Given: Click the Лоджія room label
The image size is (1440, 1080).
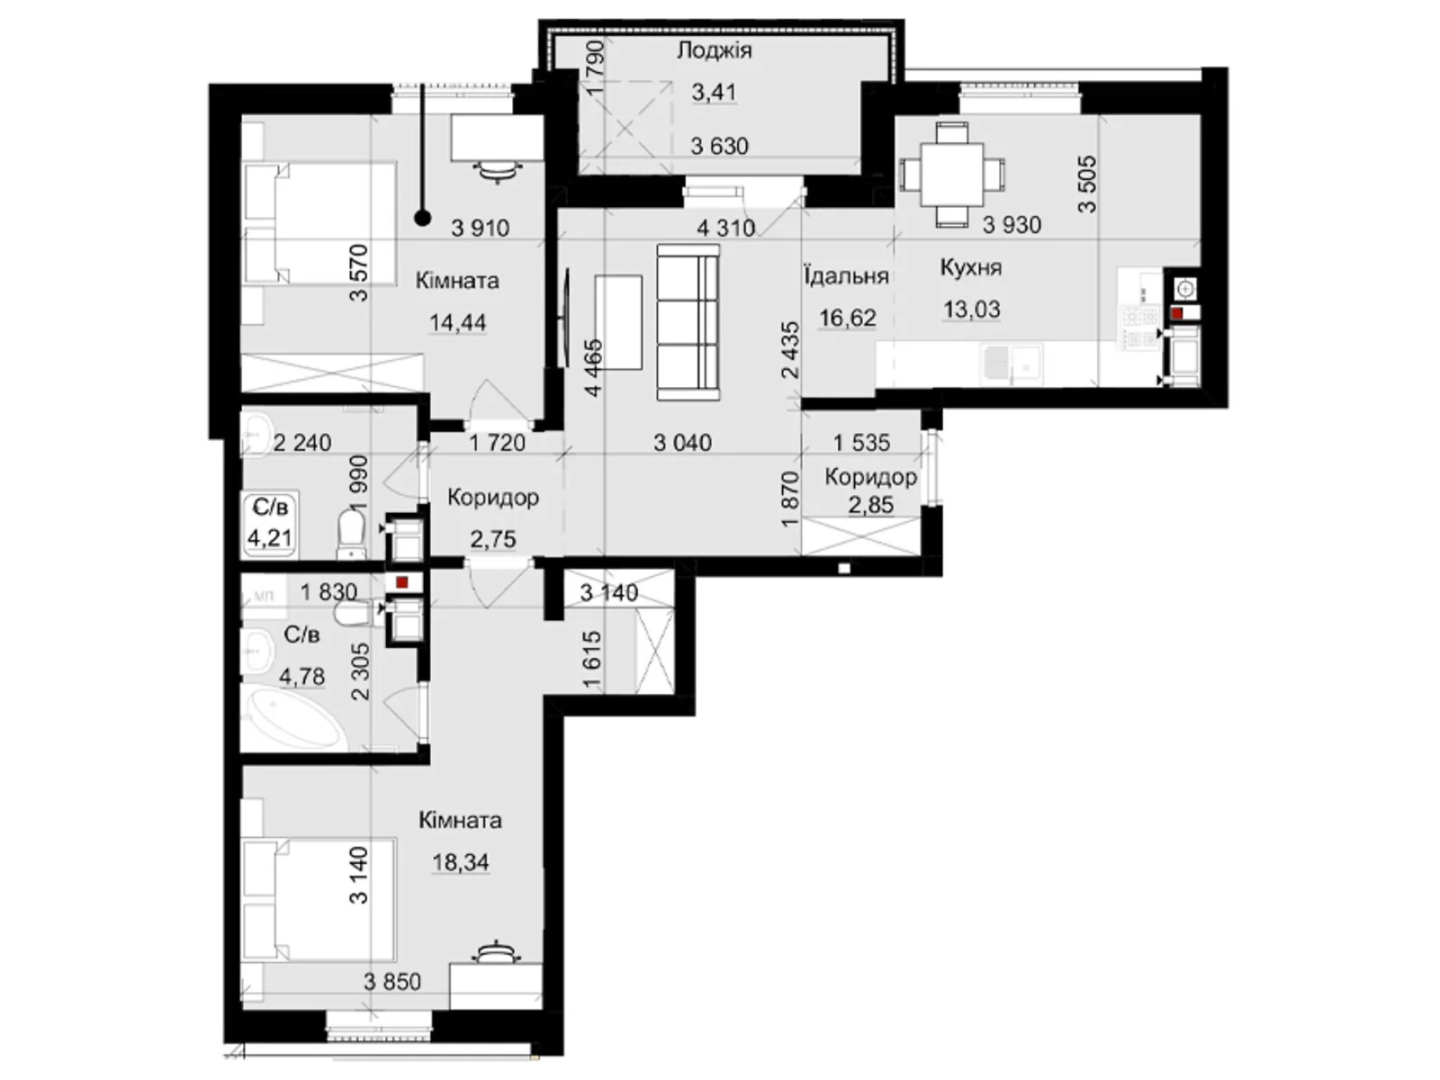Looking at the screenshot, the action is point(714,50).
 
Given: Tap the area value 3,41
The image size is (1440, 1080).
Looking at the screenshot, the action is point(714,93).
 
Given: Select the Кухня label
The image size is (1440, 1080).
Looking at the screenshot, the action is point(970,267).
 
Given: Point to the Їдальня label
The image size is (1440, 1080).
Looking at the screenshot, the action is point(846,276).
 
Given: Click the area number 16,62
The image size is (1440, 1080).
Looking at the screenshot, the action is point(847,318).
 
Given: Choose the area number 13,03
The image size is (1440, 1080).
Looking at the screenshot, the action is point(971,309).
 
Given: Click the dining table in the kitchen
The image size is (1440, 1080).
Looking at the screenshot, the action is point(952,175).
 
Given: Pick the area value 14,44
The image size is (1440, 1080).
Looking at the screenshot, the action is point(457,322).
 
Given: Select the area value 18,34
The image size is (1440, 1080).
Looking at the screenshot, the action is point(460,862).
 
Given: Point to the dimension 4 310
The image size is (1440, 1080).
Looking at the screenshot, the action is point(725,229).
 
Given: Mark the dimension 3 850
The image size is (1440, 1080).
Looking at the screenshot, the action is point(392,982).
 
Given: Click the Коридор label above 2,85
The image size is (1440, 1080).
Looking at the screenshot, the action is point(870,477).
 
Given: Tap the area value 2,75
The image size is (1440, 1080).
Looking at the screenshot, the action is point(492,539).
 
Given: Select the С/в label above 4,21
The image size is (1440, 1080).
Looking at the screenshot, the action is point(270,507).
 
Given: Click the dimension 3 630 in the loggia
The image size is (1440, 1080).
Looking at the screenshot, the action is point(719,146).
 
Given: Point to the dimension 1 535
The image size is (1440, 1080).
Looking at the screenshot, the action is point(861,443).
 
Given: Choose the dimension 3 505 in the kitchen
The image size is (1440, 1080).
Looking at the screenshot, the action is point(1087,184).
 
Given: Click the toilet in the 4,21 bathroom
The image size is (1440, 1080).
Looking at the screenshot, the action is point(352,535).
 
